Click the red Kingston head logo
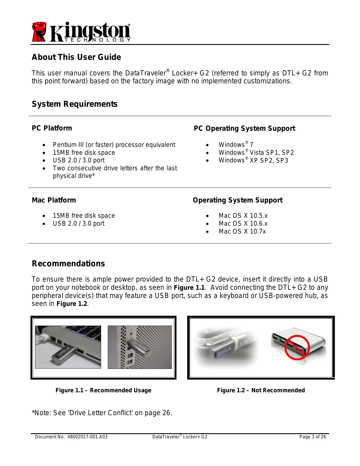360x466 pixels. pyautogui.click(x=39, y=32)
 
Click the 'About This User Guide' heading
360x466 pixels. pyautogui.click(x=76, y=57)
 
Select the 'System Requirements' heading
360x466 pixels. pyautogui.click(x=75, y=104)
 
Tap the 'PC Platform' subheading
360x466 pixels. pyautogui.click(x=52, y=128)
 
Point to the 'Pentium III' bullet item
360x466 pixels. pyautogui.click(x=114, y=145)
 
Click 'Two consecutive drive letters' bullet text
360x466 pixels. pyautogui.click(x=115, y=168)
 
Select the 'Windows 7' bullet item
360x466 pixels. pyautogui.click(x=236, y=145)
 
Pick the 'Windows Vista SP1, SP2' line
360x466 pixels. pyautogui.click(x=256, y=153)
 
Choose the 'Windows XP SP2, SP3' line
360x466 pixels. pyautogui.click(x=253, y=160)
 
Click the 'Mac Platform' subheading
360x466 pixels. pyautogui.click(x=54, y=200)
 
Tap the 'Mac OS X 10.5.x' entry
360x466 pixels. pyautogui.click(x=243, y=216)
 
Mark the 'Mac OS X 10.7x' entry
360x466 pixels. pyautogui.click(x=242, y=232)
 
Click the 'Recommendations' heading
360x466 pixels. pyautogui.click(x=68, y=264)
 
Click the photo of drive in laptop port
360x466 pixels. pyautogui.click(x=68, y=347)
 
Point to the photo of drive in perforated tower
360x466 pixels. pyautogui.click(x=140, y=347)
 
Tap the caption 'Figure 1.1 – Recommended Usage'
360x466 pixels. pyautogui.click(x=103, y=390)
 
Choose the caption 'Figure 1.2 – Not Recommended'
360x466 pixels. pyautogui.click(x=261, y=390)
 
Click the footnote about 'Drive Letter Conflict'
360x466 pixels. pyautogui.click(x=102, y=413)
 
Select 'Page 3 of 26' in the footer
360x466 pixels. pyautogui.click(x=313, y=437)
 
